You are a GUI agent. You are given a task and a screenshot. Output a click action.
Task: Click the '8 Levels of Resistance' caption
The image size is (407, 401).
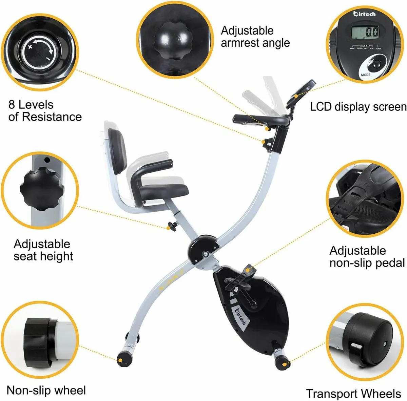tap(45, 110)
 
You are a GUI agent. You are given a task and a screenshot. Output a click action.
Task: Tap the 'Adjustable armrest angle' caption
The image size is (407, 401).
tap(255, 37)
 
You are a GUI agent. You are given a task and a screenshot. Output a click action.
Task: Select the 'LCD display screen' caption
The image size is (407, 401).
tap(358, 107)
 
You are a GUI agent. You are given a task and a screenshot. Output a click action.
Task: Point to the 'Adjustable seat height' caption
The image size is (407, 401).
tap(43, 250)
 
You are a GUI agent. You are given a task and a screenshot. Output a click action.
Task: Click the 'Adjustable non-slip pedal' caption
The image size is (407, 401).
tap(367, 257)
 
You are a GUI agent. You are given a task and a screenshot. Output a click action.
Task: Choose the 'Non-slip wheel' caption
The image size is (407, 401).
tap(46, 391)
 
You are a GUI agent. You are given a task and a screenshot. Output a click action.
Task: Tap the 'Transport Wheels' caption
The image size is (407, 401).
tap(353, 394)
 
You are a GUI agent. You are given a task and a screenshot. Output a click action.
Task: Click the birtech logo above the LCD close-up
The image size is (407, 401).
tap(364, 14)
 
